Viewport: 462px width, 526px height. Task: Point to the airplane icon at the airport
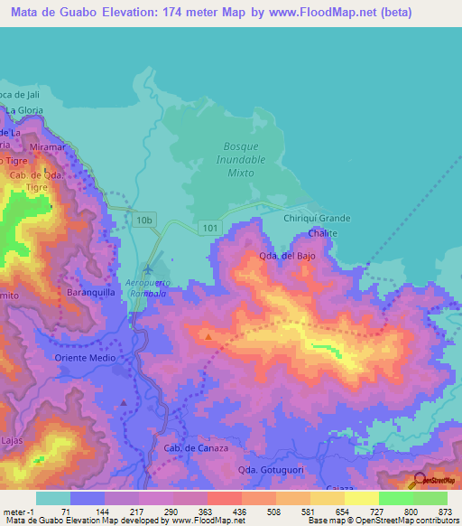tap(148, 268)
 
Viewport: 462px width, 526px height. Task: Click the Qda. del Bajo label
tap(291, 256)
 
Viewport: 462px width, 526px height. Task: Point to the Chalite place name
tap(322, 232)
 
